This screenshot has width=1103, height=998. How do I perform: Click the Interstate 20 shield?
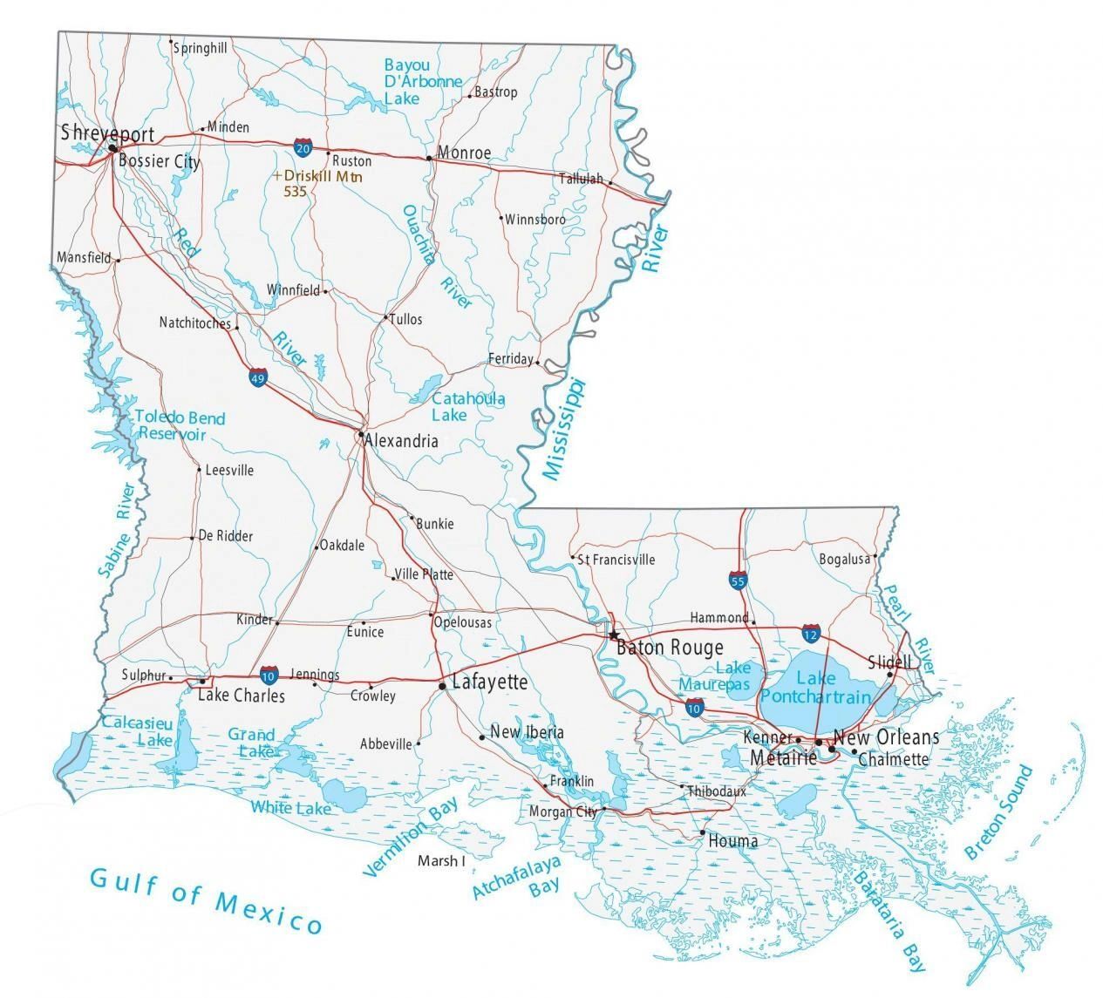(x=303, y=148)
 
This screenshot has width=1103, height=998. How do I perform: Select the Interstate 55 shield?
(x=738, y=580)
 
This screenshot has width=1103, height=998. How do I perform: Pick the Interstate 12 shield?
(x=812, y=634)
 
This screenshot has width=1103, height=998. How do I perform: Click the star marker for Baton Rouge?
(x=614, y=635)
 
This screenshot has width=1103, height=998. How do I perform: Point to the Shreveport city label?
(x=107, y=133)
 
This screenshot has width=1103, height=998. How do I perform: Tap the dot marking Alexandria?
(x=360, y=433)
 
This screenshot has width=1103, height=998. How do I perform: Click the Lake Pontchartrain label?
(x=815, y=688)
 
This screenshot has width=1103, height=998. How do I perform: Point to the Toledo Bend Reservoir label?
(x=180, y=425)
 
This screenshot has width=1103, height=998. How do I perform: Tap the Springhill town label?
(x=201, y=49)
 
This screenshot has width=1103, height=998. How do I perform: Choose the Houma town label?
(x=732, y=841)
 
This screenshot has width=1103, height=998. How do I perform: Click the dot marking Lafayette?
(x=443, y=687)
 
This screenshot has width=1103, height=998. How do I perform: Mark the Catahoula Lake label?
(x=468, y=406)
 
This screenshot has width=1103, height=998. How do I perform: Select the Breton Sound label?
(x=999, y=812)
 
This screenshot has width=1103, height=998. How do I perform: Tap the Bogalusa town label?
(x=844, y=559)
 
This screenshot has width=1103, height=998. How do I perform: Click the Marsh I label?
(x=441, y=861)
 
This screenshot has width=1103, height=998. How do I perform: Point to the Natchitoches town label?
(x=195, y=322)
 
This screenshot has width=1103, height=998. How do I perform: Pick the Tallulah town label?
(x=581, y=179)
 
